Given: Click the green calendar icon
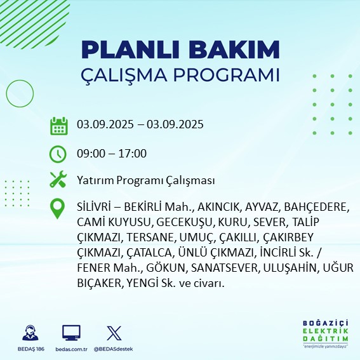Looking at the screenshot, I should (x=58, y=125).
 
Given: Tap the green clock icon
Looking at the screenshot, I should (x=58, y=154).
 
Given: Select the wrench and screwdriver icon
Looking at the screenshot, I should (x=58, y=180).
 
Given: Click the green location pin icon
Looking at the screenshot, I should (x=58, y=209).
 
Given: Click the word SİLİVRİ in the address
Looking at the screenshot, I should (x=97, y=208).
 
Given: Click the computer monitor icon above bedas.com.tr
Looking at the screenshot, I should (x=71, y=332).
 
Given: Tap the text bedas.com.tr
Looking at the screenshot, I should (x=71, y=349).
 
